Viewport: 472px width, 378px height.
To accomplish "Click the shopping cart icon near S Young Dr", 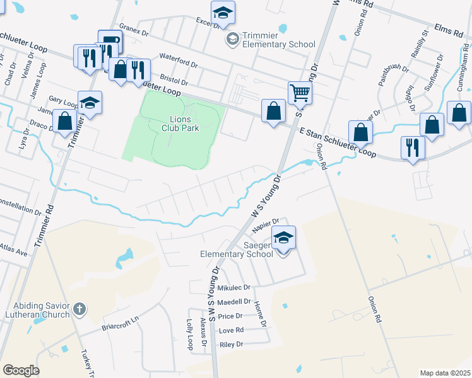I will tap(300, 93).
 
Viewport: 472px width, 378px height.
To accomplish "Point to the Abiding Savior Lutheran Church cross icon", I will tap(79, 309).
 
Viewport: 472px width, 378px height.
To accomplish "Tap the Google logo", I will tap(21, 370).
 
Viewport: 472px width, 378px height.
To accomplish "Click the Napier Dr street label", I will tap(266, 221).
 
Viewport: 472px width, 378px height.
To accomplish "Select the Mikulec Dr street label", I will tap(233, 287).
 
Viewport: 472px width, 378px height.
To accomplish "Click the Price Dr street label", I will tap(230, 316).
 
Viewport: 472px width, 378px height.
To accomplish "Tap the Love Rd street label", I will tap(231, 330).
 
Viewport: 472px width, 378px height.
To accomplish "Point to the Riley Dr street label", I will tap(232, 345).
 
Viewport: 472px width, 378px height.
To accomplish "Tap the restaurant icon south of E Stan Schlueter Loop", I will tap(413, 147).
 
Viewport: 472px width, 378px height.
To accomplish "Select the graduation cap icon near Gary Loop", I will tap(90, 103).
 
